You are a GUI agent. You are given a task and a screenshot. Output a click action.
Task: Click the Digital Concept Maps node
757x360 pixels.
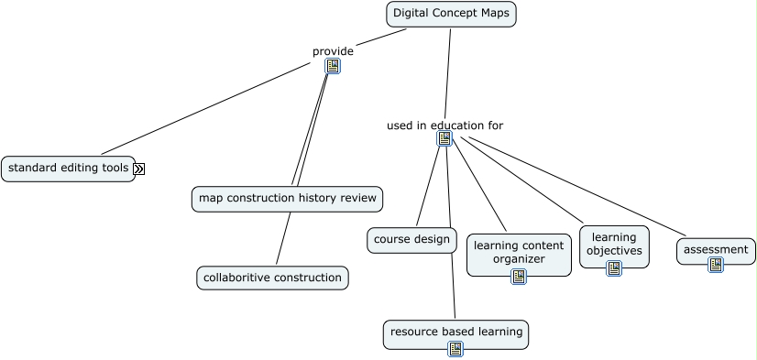(451, 14)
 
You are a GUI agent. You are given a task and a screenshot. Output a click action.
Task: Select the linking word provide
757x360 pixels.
(333, 51)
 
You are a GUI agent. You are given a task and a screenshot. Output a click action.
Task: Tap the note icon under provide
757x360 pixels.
(333, 66)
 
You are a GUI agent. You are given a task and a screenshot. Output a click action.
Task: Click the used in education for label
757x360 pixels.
(444, 125)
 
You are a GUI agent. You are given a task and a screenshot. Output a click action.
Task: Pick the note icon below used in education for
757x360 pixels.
(444, 138)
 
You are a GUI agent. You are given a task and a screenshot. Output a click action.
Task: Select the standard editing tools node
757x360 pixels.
(68, 169)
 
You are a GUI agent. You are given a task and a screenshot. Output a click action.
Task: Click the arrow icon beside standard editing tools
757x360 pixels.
(139, 169)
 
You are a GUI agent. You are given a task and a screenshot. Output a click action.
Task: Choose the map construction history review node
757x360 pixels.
(286, 198)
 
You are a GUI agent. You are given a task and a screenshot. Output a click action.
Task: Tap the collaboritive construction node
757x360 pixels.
(272, 278)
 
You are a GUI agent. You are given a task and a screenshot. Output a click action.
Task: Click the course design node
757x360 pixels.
(411, 240)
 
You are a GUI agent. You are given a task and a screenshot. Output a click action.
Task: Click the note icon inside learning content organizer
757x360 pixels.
(519, 277)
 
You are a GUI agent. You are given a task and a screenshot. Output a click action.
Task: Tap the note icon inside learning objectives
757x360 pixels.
(614, 268)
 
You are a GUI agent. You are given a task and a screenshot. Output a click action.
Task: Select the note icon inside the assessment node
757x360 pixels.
(716, 265)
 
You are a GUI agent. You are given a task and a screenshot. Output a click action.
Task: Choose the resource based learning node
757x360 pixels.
(455, 331)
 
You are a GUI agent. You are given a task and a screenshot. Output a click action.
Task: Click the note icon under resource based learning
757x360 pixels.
(455, 349)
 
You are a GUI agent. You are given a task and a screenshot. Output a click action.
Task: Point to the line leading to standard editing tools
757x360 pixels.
(206, 108)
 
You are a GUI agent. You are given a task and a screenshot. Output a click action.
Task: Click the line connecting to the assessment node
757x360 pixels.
(573, 187)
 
